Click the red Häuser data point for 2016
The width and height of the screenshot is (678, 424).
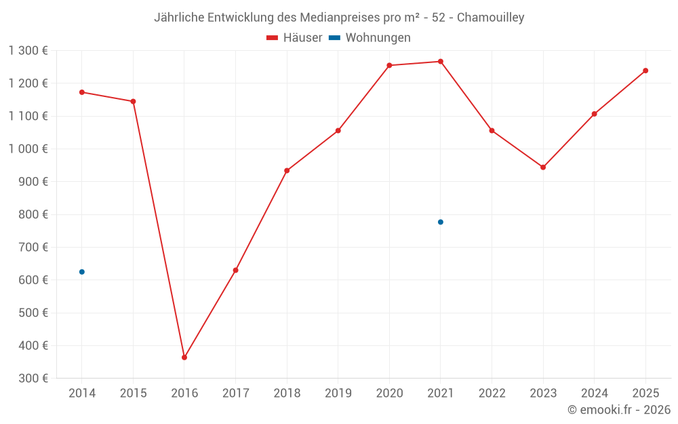pyautogui.click(x=184, y=358)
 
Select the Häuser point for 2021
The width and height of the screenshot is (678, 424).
pyautogui.click(x=441, y=62)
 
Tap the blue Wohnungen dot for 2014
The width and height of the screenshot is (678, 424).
pyautogui.click(x=82, y=272)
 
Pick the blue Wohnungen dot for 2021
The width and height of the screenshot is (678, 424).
pyautogui.click(x=441, y=222)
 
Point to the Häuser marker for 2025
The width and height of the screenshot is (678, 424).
pyautogui.click(x=645, y=71)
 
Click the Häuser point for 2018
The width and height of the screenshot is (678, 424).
pyautogui.click(x=287, y=171)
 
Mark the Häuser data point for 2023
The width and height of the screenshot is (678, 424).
pyautogui.click(x=543, y=167)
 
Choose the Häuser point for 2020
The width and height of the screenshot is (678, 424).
pyautogui.click(x=389, y=66)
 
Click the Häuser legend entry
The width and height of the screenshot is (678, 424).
pyautogui.click(x=294, y=38)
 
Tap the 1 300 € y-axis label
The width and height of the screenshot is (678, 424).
pyautogui.click(x=28, y=51)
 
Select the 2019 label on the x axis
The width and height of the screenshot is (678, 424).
pyautogui.click(x=338, y=393)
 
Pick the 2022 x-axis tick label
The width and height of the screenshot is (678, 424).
pyautogui.click(x=492, y=393)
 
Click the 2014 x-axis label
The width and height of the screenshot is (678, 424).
pyautogui.click(x=82, y=393)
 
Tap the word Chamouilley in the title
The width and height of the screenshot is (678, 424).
pyautogui.click(x=490, y=18)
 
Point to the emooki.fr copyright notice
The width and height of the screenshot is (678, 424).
pyautogui.click(x=618, y=410)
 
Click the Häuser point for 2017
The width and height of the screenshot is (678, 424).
pyautogui.click(x=235, y=270)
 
